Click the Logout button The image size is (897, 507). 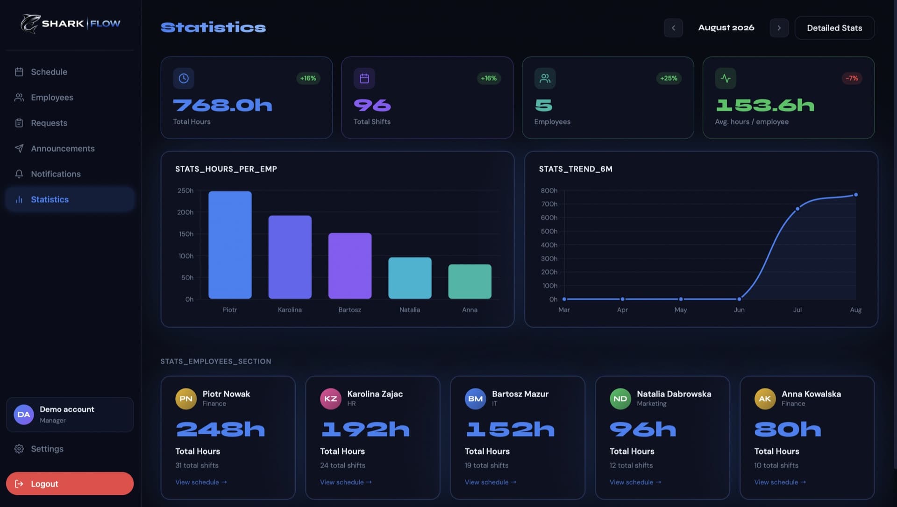pyautogui.click(x=70, y=484)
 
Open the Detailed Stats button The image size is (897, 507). pyautogui.click(x=834, y=28)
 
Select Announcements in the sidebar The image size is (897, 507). pyautogui.click(x=63, y=148)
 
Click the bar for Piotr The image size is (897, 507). pyautogui.click(x=230, y=245)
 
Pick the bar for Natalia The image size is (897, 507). pyautogui.click(x=410, y=278)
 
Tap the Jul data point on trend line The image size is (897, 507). pyautogui.click(x=797, y=209)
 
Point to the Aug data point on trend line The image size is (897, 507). pyautogui.click(x=856, y=195)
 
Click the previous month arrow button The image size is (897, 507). pyautogui.click(x=673, y=28)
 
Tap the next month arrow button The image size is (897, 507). pyautogui.click(x=779, y=28)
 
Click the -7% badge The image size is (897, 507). pyautogui.click(x=852, y=78)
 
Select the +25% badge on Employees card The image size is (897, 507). pyautogui.click(x=669, y=78)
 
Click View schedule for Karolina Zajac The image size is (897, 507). pyautogui.click(x=346, y=482)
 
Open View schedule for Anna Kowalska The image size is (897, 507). pyautogui.click(x=780, y=482)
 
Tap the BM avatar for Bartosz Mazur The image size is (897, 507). pyautogui.click(x=476, y=399)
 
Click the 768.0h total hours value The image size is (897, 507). pyautogui.click(x=222, y=105)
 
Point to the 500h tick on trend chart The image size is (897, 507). pyautogui.click(x=549, y=231)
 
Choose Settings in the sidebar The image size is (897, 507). pyautogui.click(x=47, y=449)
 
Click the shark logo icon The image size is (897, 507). pyautogui.click(x=30, y=24)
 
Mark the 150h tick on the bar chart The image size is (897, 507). pyautogui.click(x=186, y=234)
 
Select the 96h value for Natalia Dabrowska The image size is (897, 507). pyautogui.click(x=643, y=429)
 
